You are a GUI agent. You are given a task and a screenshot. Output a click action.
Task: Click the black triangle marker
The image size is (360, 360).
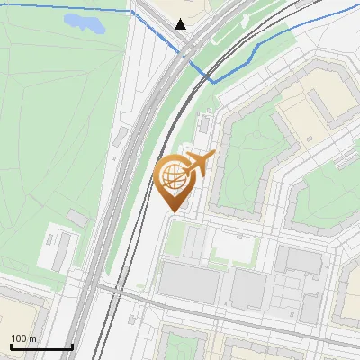[181, 24]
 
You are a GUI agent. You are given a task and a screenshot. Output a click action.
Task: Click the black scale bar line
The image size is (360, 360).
[40, 346]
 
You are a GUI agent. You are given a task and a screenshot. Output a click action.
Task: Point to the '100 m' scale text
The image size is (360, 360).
[24, 338]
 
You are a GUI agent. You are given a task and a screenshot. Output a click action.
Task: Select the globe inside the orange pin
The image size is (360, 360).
[174, 178]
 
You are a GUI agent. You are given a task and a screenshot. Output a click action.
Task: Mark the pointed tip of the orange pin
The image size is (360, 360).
[172, 211]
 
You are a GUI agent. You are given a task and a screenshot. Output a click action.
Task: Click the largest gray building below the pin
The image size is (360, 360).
[189, 284]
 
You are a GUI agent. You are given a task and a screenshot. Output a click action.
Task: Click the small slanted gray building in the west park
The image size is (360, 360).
[77, 218]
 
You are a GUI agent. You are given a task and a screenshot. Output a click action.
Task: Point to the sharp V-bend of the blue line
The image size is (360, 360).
[215, 81]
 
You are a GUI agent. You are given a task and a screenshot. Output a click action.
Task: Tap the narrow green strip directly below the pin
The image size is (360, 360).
[176, 238]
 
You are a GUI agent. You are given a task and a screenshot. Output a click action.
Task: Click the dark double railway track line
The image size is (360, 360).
[135, 225]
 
